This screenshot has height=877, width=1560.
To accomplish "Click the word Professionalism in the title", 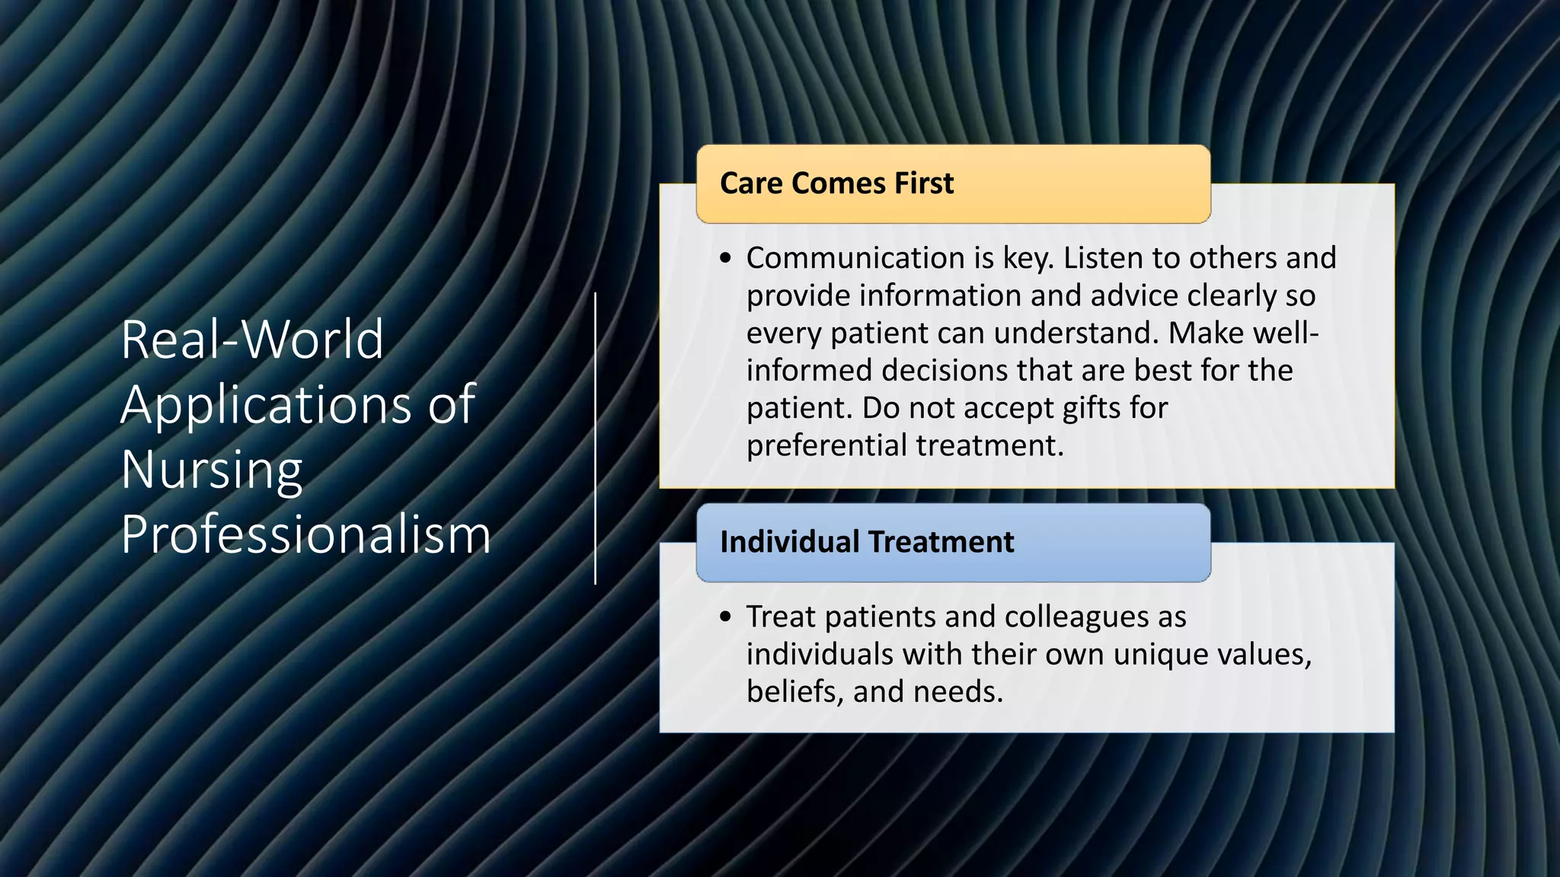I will coord(305,534).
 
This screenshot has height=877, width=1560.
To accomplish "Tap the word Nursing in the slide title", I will coord(212,470).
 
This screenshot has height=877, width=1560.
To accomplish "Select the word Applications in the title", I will coord(266,404).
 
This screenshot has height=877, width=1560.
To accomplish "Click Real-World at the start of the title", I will coord(252,340).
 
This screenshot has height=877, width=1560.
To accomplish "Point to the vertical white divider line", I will coord(595,438).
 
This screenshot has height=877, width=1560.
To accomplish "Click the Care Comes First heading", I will coord(836,183).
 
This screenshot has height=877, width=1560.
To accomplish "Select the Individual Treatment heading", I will coord(867,542).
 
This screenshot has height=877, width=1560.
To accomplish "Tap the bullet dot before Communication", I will coord(725,259).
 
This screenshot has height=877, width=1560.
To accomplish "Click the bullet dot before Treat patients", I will coord(725,617).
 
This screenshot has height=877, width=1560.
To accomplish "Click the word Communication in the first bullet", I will coord(855,258).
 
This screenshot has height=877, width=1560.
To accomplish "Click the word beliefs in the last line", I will coord(792,692).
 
